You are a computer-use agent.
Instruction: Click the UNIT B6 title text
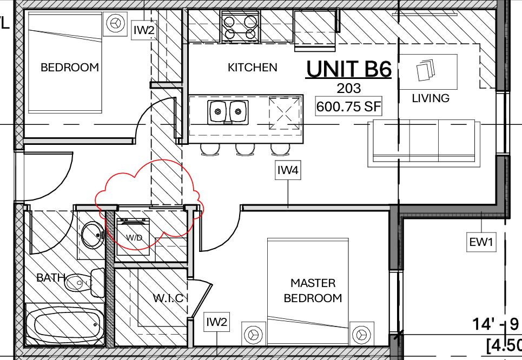[x=349, y=69]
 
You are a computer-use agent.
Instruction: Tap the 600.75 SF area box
[x=349, y=106]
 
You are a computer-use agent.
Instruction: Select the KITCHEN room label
[x=252, y=68]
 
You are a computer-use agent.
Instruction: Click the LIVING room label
[x=431, y=98]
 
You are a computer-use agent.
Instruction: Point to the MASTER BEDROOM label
[x=313, y=290]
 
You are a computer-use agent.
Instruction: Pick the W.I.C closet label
[x=170, y=298]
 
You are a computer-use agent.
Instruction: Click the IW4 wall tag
[x=288, y=171]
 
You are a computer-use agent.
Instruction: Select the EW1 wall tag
[x=481, y=243]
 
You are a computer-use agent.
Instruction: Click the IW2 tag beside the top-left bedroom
[x=144, y=30]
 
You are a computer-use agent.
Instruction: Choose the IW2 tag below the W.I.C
[x=216, y=323]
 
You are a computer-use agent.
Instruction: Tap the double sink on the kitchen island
[x=228, y=112]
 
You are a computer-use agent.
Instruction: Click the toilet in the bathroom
[x=87, y=282]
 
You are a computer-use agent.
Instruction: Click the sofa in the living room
[x=423, y=142]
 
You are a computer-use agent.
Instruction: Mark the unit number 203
[x=349, y=88]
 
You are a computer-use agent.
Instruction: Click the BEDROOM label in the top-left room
[x=70, y=68]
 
